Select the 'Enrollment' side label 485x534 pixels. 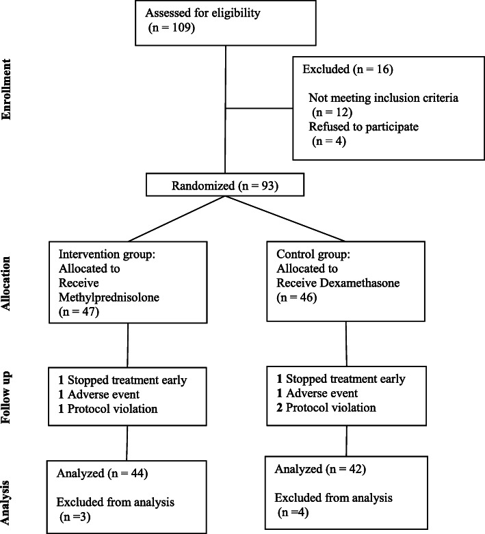pos(6,90)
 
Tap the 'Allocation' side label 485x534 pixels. pos(6,283)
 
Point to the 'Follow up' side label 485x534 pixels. pos(6,397)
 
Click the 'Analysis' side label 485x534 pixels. pos(6,503)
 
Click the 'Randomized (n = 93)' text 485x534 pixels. pos(225,185)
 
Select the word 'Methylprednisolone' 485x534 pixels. pos(109,297)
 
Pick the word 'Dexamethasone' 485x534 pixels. pos(358,283)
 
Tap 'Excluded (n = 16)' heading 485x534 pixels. pos(348,69)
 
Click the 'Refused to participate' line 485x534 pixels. pos(364,126)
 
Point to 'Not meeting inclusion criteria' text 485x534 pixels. pos(384,98)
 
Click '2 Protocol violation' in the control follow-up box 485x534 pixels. pos(326,408)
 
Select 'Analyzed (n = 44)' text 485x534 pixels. pos(102,473)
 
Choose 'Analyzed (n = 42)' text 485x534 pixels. pos(320,469)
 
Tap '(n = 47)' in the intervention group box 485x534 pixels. pos(79,312)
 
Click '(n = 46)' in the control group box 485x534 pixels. pos(296,297)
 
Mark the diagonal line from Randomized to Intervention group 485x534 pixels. pos(176,219)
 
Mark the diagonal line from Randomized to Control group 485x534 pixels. pos(285,219)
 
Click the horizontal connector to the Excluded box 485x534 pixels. pos(259,109)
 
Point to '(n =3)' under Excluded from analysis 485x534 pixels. pos(75,517)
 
